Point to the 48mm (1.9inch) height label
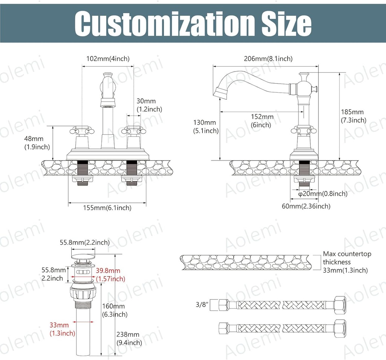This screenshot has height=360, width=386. point(41,143)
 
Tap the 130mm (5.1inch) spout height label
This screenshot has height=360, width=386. point(205,127)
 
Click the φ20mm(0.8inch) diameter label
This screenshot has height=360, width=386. point(323,194)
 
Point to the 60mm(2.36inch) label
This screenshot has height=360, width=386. point(306,206)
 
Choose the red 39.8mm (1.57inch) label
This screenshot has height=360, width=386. point(110,275)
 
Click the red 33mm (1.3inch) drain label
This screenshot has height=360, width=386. point(62,329)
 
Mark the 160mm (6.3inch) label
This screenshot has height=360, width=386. point(115,310)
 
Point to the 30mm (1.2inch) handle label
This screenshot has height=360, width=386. point(149,105)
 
